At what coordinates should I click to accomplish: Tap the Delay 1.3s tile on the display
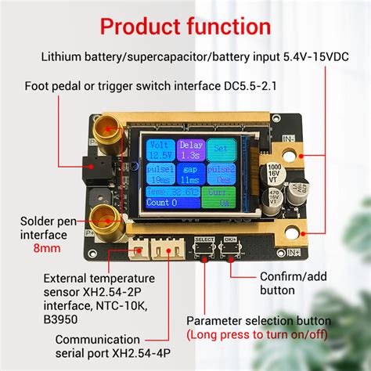tap(190, 149)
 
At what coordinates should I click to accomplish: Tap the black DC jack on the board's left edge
tap(91, 167)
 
